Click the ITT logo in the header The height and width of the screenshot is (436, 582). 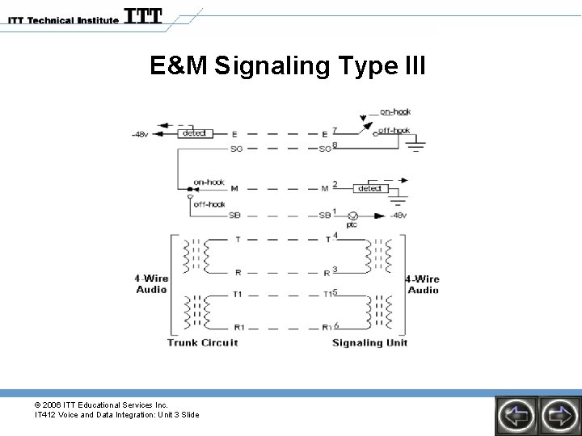tap(144, 16)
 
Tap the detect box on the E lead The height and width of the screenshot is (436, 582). tap(195, 132)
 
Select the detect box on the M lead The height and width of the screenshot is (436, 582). tap(370, 187)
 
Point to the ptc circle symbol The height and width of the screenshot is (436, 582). tap(352, 216)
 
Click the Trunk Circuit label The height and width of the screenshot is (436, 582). tap(202, 342)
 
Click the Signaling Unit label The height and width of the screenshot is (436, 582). tap(370, 342)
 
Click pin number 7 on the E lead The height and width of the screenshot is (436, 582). tap(335, 129)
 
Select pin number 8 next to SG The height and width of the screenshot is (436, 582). tap(335, 145)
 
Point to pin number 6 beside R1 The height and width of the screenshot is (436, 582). tap(335, 325)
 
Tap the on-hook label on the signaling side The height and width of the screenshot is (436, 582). tap(394, 112)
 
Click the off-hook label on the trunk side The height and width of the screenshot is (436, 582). tap(209, 204)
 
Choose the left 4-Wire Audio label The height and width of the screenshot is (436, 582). tap(151, 284)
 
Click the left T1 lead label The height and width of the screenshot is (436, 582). tap(237, 294)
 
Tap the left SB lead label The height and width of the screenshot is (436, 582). tap(235, 216)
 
